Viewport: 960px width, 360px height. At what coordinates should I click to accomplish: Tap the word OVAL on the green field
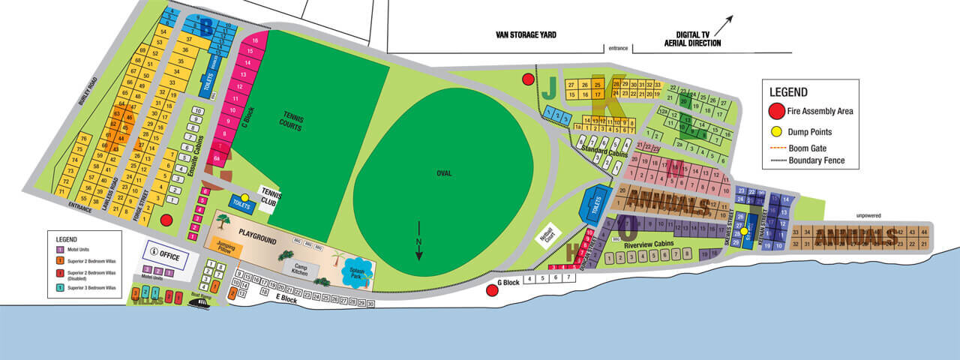pyautogui.click(x=445, y=173)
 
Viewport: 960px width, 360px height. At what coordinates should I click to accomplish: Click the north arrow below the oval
pyautogui.click(x=418, y=241)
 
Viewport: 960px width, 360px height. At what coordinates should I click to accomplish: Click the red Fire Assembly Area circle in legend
pyautogui.click(x=777, y=111)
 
